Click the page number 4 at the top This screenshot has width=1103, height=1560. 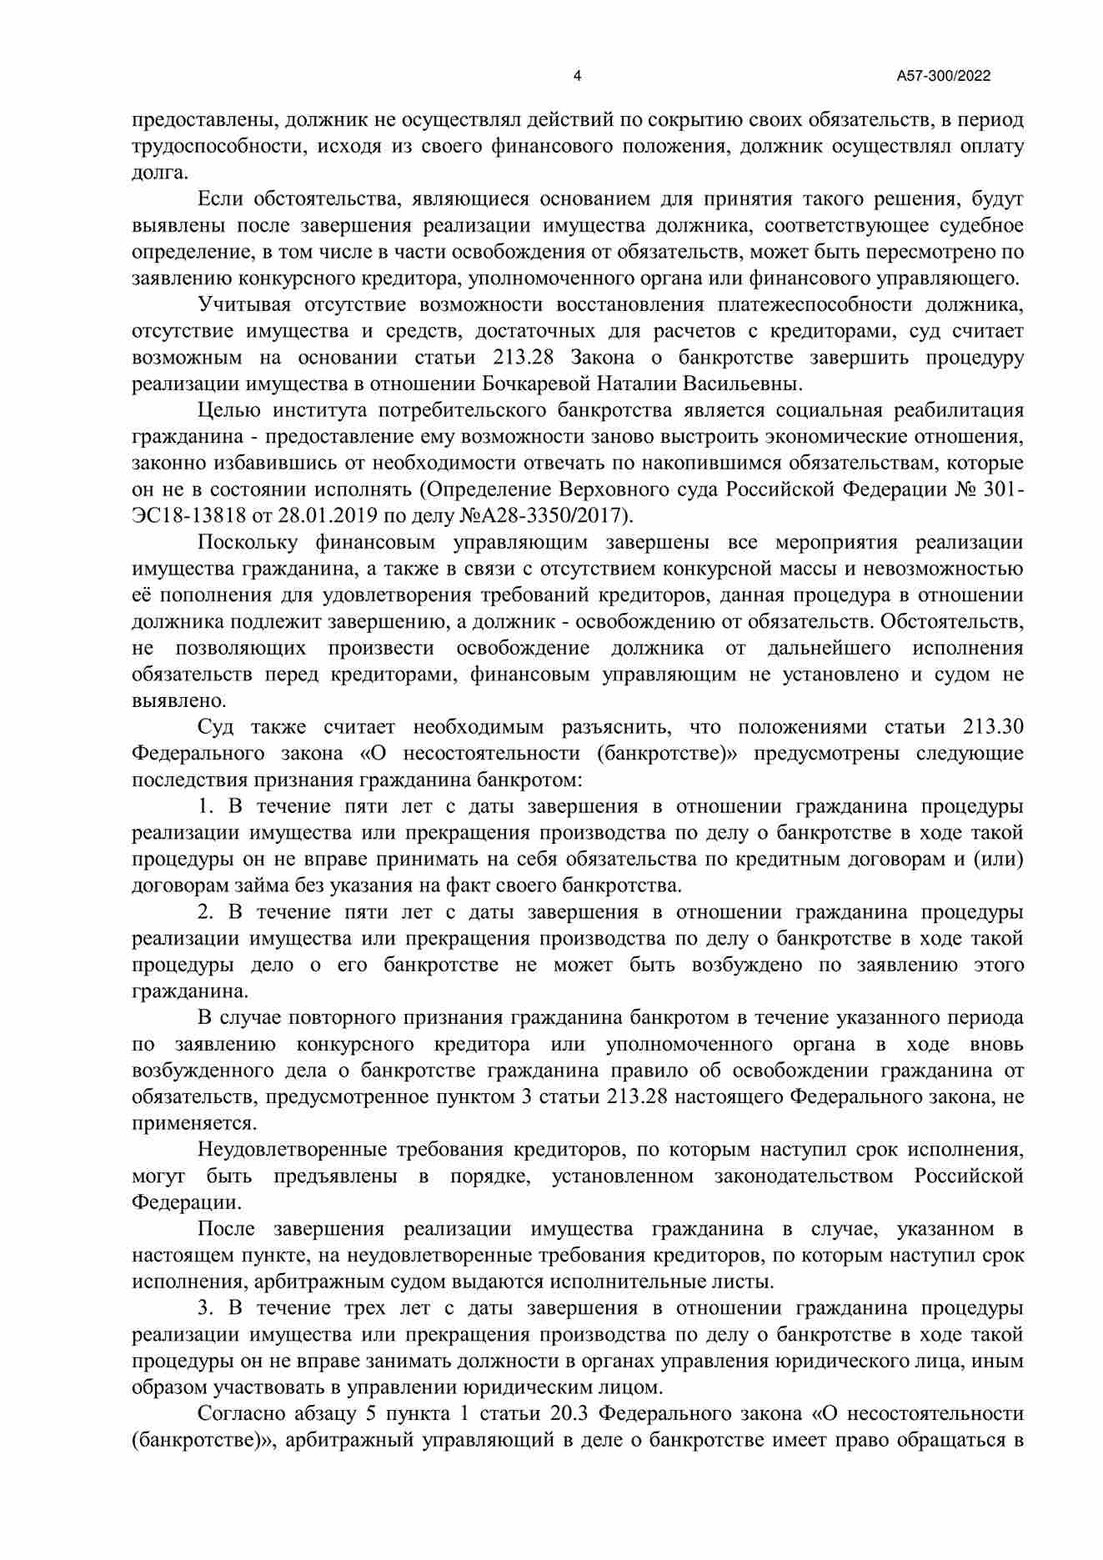click(578, 76)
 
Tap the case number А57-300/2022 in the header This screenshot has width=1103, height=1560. click(943, 76)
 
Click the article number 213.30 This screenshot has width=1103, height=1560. click(993, 726)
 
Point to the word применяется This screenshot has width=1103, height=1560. click(193, 1123)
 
